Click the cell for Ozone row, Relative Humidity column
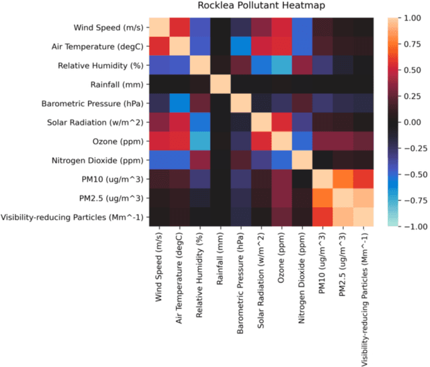(x=198, y=142)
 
